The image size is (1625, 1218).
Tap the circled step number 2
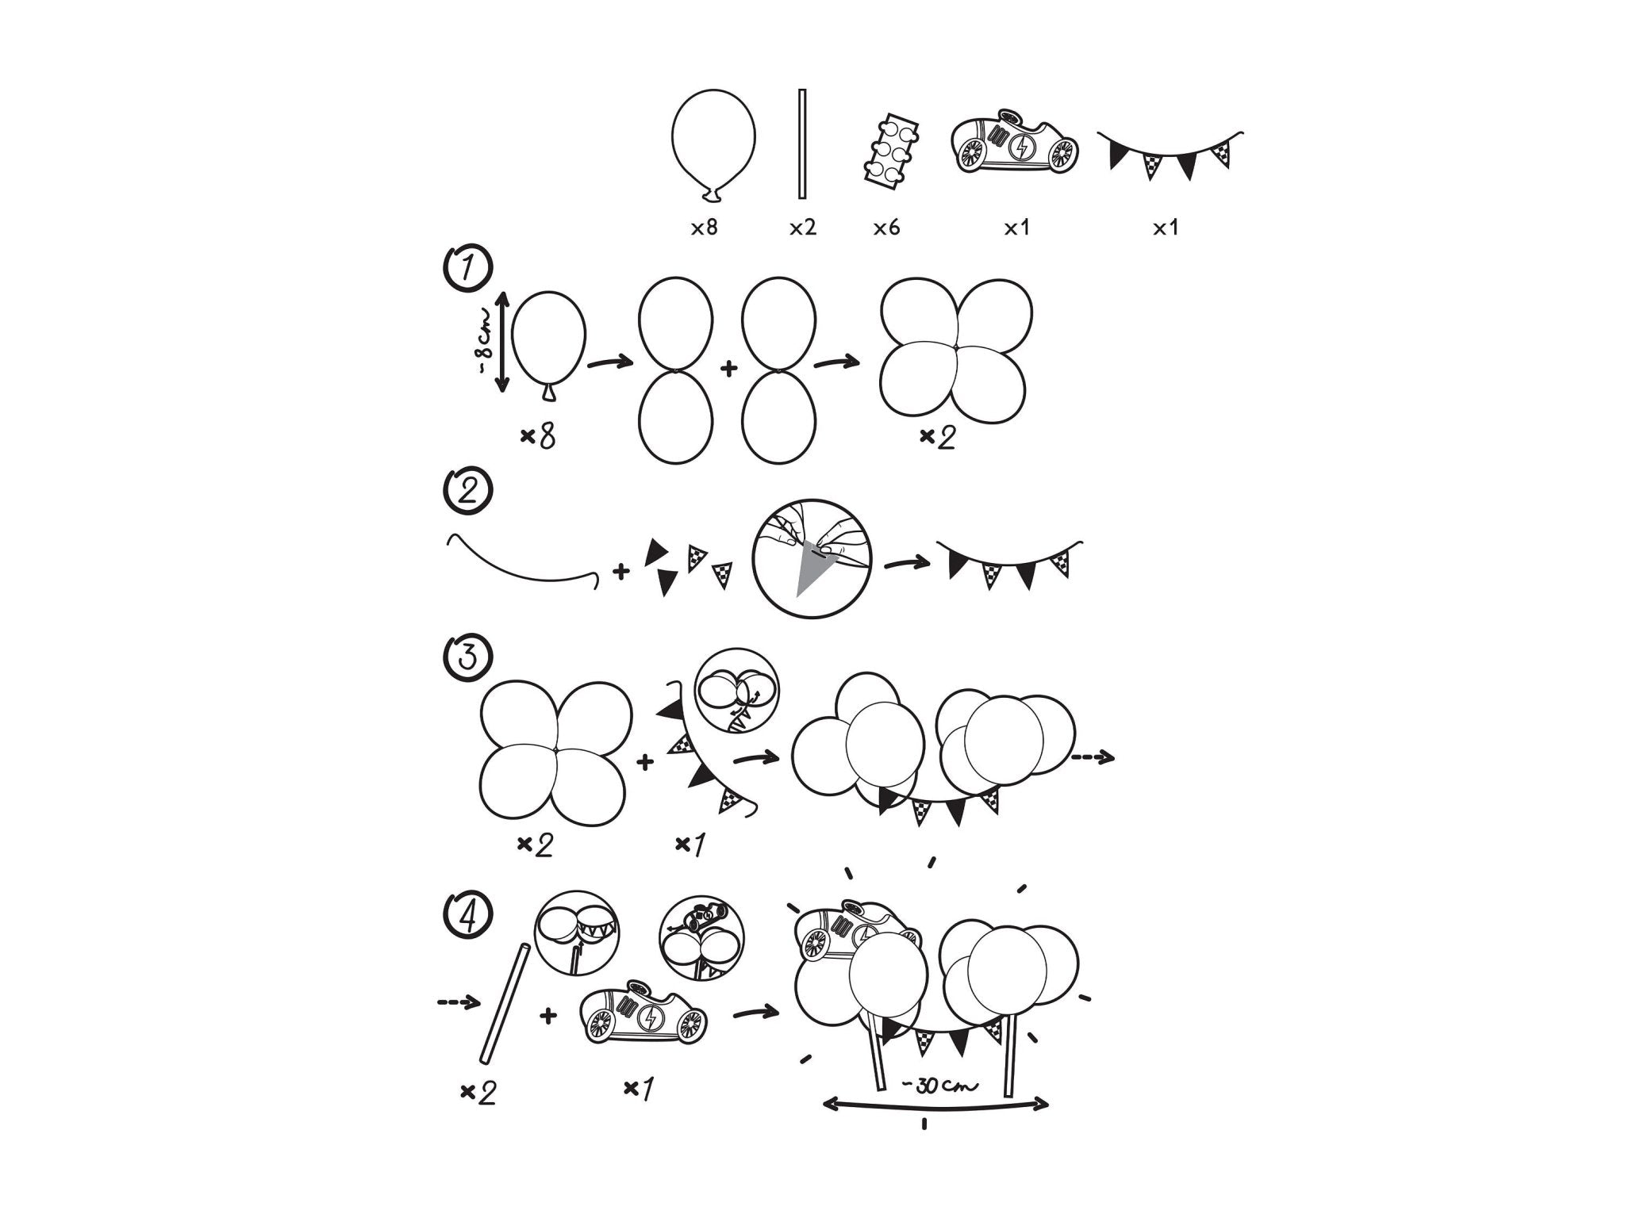point(467,492)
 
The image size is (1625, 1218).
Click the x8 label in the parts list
point(704,228)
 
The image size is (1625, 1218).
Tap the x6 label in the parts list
point(886,228)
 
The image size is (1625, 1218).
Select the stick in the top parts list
point(802,155)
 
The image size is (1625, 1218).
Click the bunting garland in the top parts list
point(1170,155)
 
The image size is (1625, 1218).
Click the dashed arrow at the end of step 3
point(1093,758)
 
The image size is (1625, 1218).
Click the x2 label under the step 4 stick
point(478,1093)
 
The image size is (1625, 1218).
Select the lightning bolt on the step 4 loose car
point(651,1017)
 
